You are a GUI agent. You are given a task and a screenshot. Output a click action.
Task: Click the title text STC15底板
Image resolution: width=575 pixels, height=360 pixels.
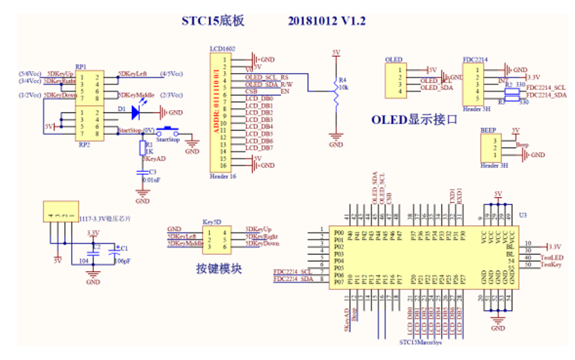click(212, 21)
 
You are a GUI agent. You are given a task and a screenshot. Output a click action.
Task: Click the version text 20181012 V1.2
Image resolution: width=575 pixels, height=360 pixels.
click(327, 21)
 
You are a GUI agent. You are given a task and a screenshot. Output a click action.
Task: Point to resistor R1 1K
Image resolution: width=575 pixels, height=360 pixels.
click(142, 148)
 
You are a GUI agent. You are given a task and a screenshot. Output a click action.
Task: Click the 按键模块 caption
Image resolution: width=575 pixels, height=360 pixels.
click(219, 269)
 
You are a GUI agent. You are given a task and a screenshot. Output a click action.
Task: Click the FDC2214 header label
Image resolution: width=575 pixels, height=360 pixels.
click(474, 59)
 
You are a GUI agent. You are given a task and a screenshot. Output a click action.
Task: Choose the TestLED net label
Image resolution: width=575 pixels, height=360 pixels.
click(551, 257)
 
